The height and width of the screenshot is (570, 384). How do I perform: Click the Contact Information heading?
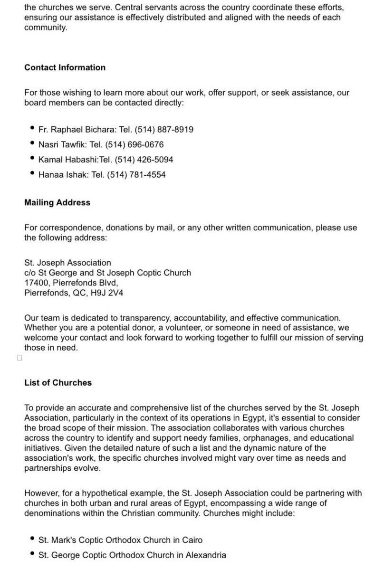tap(65, 67)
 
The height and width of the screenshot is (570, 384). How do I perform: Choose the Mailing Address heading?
tap(57, 202)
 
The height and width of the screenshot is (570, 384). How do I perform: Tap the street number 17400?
tap(36, 283)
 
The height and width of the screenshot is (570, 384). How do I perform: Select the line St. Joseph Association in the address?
tap(67, 263)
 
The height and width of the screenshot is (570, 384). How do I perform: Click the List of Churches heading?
tap(58, 382)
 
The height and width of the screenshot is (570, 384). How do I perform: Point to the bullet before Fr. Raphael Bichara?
tap(32, 129)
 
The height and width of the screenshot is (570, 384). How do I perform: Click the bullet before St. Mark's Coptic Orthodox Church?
tap(32, 539)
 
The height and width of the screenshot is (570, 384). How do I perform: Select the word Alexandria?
tap(205, 555)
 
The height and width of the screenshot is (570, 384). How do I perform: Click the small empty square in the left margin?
tap(19, 358)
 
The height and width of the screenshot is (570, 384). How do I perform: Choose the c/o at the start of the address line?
tap(30, 273)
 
